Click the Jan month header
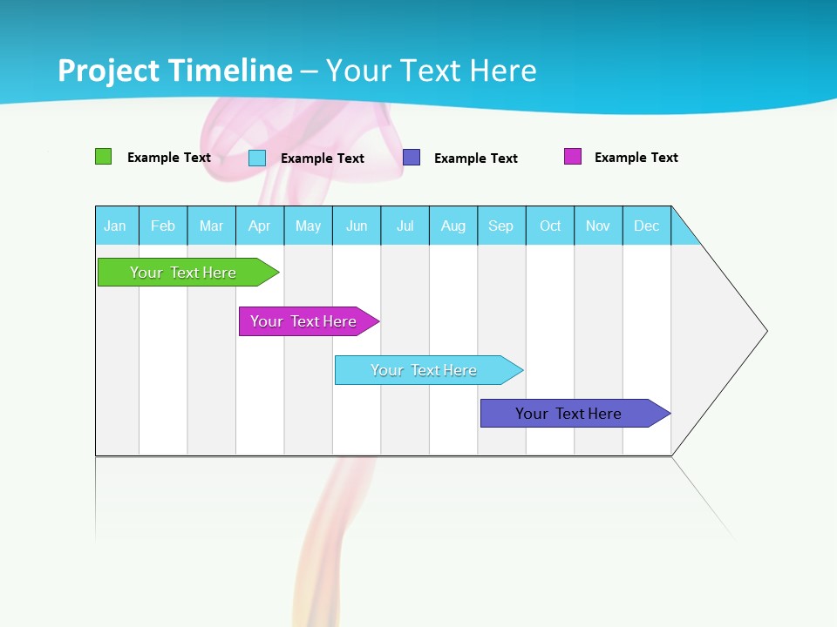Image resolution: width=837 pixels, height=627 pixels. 115,226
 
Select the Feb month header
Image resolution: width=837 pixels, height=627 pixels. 163,226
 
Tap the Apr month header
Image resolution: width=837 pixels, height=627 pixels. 260,226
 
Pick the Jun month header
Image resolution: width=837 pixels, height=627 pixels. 357,226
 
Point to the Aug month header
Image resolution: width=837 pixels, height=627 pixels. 453,226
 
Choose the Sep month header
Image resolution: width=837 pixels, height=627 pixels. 501,226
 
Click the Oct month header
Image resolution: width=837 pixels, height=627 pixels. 550,226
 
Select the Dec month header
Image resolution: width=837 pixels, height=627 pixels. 647,226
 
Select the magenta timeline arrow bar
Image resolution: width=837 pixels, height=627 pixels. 305,321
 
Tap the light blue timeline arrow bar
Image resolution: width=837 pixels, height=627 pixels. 425,370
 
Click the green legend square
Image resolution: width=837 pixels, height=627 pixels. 103,157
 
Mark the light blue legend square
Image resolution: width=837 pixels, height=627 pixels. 257,158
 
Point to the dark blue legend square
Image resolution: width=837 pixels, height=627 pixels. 412,158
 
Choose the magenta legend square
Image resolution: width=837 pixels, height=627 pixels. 573,157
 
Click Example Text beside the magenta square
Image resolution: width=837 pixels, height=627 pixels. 636,158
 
